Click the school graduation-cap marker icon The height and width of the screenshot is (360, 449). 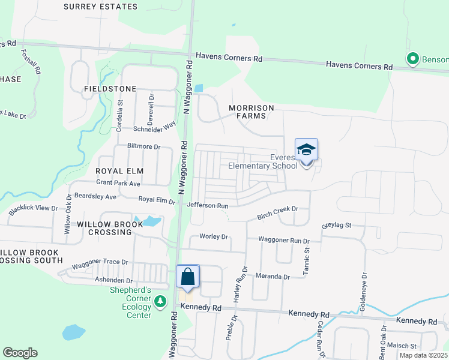(306, 151)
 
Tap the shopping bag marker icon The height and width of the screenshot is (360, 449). (188, 277)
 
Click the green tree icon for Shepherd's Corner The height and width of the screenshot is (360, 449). (160, 300)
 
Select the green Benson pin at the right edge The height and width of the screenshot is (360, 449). (412, 59)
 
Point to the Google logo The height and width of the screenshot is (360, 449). (20, 353)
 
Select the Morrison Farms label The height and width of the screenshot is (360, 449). (251, 112)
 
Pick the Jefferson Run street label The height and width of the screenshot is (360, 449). (208, 205)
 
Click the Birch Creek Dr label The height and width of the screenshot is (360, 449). (277, 209)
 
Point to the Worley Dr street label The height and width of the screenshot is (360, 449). (214, 236)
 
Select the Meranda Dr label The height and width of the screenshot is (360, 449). (274, 277)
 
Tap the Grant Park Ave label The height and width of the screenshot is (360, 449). (118, 182)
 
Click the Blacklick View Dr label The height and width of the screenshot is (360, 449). (33, 209)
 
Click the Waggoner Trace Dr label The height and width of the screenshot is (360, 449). (100, 262)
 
